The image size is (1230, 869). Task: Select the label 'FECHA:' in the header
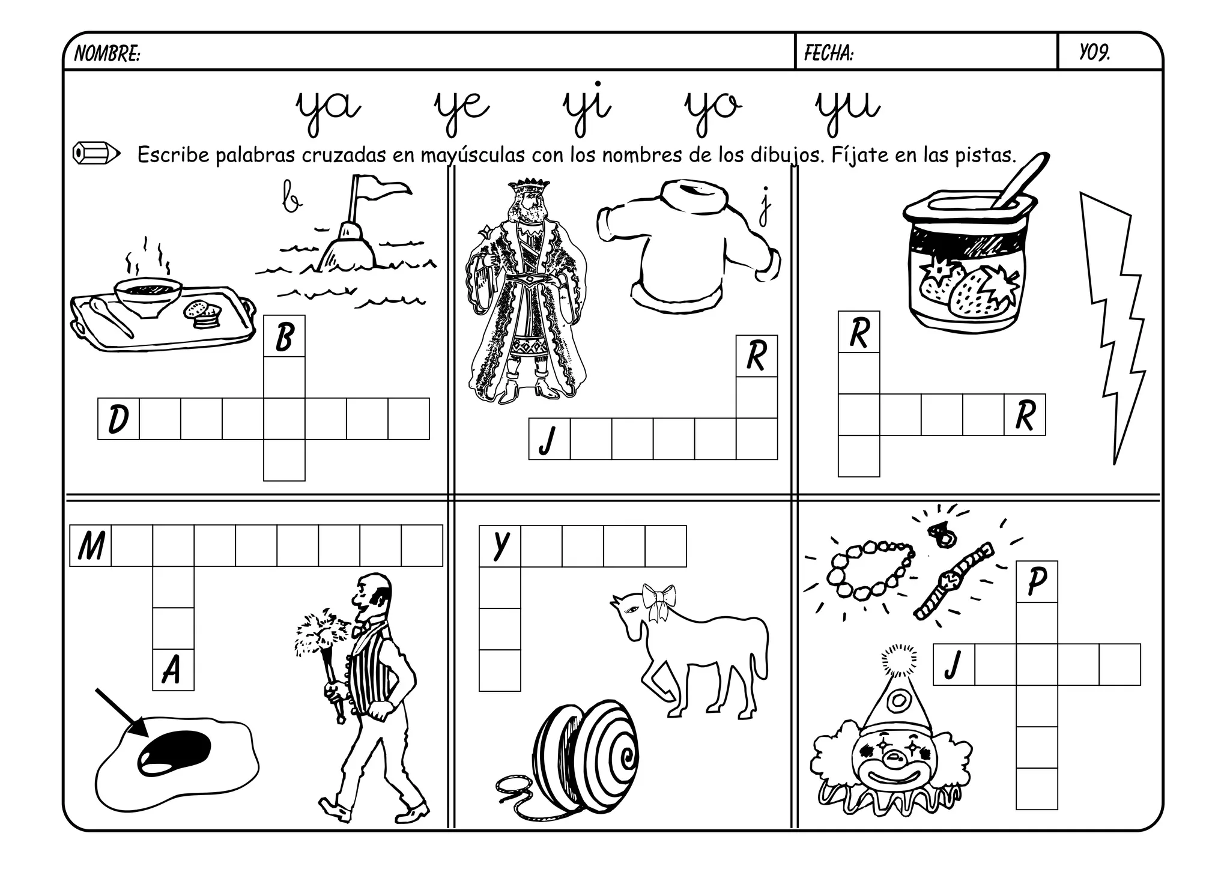(828, 53)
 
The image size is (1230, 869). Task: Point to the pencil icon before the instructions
(96, 153)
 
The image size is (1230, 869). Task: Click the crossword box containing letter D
(118, 419)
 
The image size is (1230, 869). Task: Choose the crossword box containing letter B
(284, 336)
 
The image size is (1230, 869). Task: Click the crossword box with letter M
(91, 546)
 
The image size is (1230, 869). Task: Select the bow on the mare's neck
(658, 601)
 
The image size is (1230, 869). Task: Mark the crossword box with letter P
(1037, 581)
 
